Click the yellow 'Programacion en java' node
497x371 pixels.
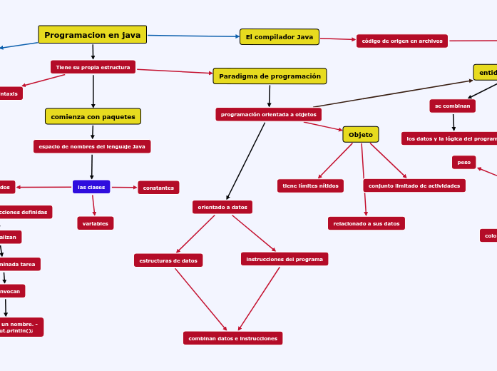click(x=92, y=35)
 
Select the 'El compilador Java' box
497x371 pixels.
click(x=279, y=37)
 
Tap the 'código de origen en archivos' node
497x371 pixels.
click(x=401, y=41)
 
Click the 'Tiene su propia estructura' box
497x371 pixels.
click(x=93, y=67)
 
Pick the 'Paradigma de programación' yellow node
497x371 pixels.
click(x=270, y=76)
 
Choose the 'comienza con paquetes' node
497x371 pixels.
click(x=93, y=116)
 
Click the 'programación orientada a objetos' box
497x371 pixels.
click(x=268, y=114)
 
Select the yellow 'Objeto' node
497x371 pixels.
click(x=360, y=134)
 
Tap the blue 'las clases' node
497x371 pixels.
click(x=91, y=187)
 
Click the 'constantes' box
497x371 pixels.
click(x=158, y=188)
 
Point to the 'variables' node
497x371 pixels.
click(x=95, y=223)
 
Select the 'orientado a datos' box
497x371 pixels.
click(x=222, y=207)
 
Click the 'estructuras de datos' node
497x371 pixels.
click(x=168, y=260)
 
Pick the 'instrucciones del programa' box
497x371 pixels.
click(x=284, y=259)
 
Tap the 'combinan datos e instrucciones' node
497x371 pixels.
click(x=232, y=338)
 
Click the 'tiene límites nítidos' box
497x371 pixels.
click(x=310, y=185)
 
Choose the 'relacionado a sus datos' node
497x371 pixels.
click(x=366, y=223)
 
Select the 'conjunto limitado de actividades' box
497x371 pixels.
click(x=414, y=185)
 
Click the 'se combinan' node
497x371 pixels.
click(x=452, y=106)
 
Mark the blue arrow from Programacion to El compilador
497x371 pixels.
click(x=193, y=36)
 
